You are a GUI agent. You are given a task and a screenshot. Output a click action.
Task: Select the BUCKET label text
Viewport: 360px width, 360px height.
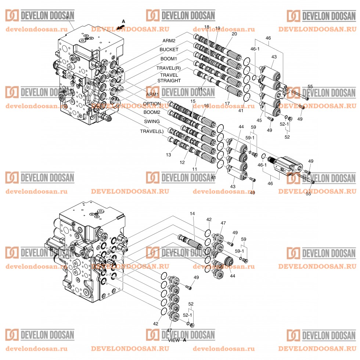pos(169,49)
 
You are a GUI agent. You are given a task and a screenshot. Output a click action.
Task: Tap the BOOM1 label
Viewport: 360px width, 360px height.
pos(169,59)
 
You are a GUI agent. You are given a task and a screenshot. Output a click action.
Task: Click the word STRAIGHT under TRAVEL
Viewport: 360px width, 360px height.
pos(169,80)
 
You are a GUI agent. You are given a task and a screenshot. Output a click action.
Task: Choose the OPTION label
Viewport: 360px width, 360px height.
pos(152,104)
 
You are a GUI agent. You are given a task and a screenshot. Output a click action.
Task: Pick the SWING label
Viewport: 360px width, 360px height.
pos(152,122)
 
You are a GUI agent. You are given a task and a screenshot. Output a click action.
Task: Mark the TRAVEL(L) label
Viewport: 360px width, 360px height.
pos(152,131)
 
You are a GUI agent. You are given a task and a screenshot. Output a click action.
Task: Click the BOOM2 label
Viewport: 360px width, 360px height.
pos(152,112)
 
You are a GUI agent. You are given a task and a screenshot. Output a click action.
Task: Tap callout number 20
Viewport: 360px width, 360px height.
pos(234,34)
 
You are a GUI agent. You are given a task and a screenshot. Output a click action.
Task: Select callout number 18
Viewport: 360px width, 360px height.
pos(206,28)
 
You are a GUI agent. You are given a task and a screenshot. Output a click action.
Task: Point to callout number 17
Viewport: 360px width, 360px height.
pos(227,104)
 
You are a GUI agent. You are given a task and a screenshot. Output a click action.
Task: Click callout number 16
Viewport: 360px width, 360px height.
pos(206,106)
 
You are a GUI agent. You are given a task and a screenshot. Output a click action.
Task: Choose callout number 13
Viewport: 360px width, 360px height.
pos(168,155)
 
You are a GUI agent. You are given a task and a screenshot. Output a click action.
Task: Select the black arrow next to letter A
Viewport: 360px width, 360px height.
pos(118,26)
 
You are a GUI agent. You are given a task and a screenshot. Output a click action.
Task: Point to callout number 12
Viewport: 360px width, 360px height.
pos(181,162)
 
